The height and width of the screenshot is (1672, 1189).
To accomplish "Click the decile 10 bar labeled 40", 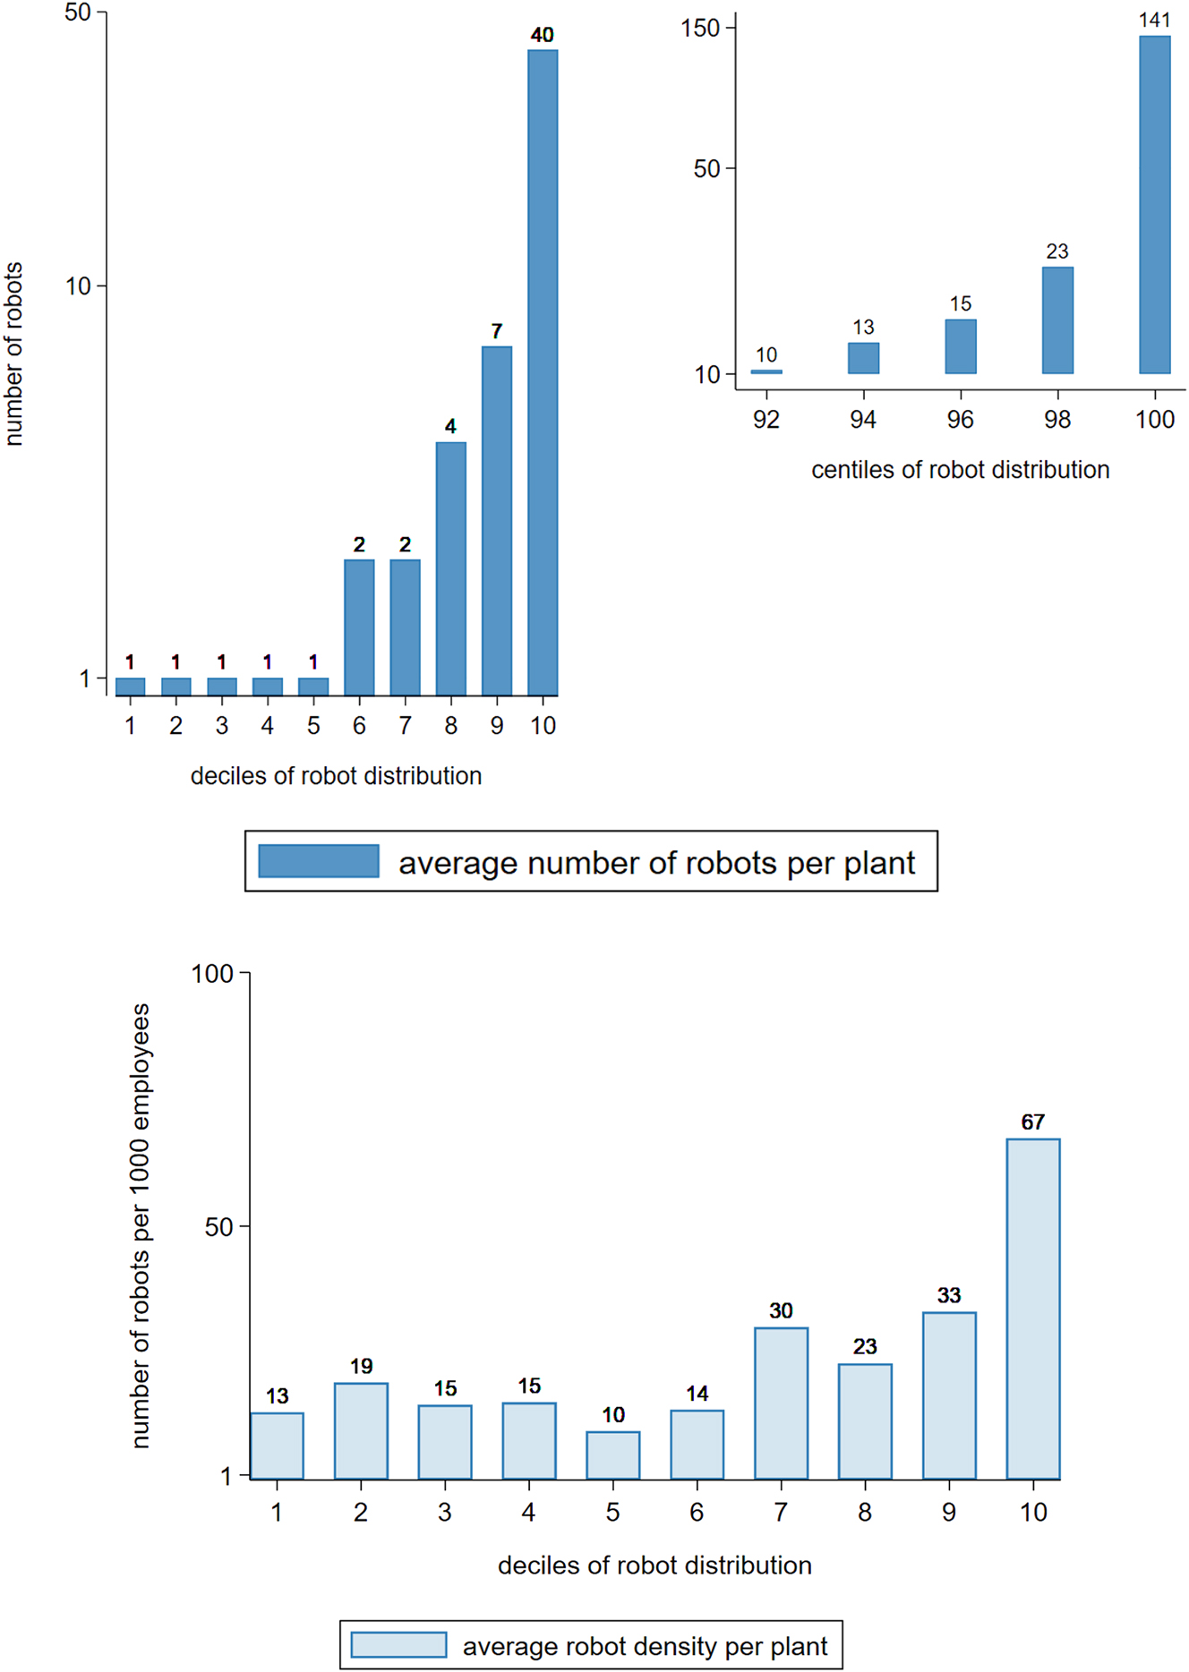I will (543, 372).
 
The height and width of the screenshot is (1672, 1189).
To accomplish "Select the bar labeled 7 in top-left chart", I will (497, 521).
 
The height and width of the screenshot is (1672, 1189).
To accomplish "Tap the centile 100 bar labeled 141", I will (1154, 205).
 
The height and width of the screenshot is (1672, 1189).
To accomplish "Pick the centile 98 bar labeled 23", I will (1057, 320).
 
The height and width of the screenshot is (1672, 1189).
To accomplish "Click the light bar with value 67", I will (1032, 1309).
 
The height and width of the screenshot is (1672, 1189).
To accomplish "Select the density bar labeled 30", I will (781, 1403).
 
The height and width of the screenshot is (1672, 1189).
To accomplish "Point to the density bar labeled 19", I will (361, 1430).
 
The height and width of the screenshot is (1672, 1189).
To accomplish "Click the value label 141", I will (1154, 20).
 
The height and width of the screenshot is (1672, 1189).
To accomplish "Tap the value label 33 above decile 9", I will (949, 1295).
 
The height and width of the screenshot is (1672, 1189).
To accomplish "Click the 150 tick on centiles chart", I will (701, 29).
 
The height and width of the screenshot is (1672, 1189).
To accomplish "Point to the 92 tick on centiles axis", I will (766, 420).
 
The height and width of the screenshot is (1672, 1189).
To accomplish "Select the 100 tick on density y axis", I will (212, 974).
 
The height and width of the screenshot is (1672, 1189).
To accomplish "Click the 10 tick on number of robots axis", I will (79, 286).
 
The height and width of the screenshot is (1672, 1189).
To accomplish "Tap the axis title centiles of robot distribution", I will (960, 470).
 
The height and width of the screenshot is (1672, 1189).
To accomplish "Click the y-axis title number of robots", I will (13, 354).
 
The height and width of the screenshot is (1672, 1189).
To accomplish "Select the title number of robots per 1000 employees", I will (141, 1225).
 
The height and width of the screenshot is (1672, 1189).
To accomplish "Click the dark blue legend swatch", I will (319, 861).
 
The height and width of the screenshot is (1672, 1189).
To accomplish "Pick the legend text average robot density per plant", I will (645, 1646).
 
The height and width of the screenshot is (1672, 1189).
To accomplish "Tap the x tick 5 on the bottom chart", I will (612, 1512).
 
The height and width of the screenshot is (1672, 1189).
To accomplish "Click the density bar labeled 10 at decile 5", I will (612, 1454).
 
